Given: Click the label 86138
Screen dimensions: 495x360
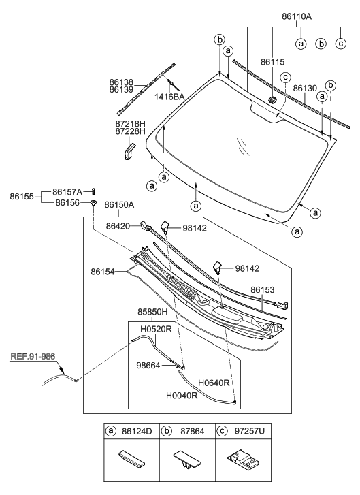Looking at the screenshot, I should click(x=121, y=82).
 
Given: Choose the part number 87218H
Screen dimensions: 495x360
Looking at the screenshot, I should click(x=129, y=123).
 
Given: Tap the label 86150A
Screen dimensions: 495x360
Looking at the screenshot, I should click(x=117, y=204).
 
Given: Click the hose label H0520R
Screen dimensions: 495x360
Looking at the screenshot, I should click(x=156, y=330).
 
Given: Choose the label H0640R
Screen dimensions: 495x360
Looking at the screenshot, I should click(x=214, y=382).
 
